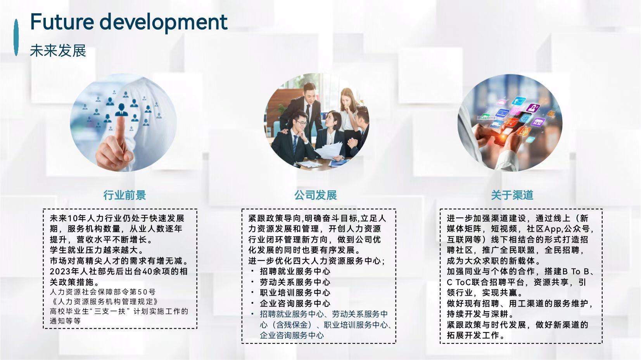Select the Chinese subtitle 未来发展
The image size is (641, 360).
pos(58,51)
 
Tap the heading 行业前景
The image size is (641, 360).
pos(124,195)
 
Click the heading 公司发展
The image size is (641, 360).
pos(315,195)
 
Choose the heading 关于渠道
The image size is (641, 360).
pos(512,195)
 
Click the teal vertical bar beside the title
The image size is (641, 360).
pos(16,37)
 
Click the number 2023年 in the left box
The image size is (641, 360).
pos(64,271)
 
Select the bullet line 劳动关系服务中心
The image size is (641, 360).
pos(295,282)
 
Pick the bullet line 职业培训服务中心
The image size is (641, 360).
pos(295,293)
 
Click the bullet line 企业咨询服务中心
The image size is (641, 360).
pos(295,303)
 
